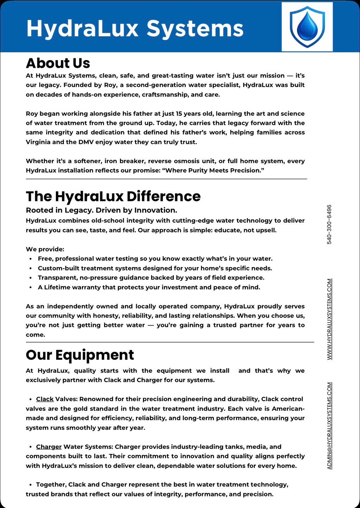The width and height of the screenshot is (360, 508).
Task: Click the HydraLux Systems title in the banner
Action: click(135, 28)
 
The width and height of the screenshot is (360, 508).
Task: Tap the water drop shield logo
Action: click(307, 27)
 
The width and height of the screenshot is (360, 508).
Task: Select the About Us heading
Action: click(58, 63)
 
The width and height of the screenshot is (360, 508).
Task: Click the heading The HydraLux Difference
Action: click(113, 196)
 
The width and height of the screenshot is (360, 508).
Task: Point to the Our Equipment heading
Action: click(80, 355)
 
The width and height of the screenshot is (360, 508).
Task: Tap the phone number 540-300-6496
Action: click(329, 224)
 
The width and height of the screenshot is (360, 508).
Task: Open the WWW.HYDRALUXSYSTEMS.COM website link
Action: click(329, 319)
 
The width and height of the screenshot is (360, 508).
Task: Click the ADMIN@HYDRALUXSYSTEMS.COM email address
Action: click(329, 425)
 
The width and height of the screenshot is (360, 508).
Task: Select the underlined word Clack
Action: click(45, 399)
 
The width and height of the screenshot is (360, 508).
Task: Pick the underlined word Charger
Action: click(49, 447)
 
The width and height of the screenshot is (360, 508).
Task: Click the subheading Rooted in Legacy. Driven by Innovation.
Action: click(102, 210)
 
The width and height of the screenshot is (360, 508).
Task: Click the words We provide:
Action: click(45, 249)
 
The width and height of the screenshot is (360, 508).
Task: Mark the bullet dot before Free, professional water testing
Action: click(31, 259)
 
